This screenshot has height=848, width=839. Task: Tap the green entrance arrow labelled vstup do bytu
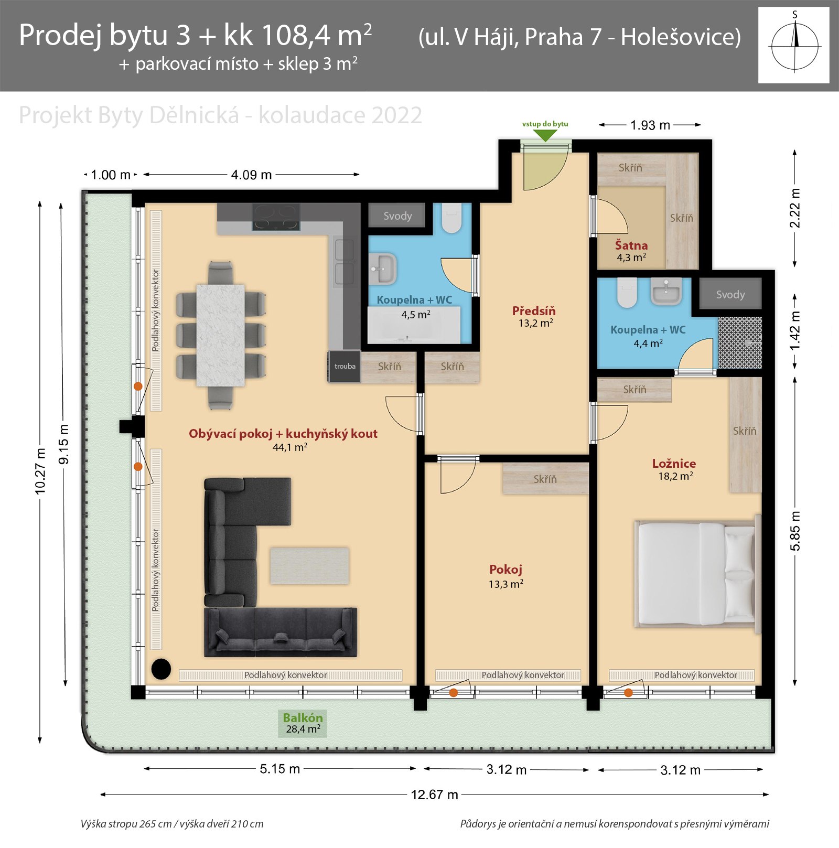point(545,135)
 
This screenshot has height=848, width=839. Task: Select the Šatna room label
point(631,245)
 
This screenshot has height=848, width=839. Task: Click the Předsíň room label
point(534,310)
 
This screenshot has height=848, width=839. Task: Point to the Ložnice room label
point(674,464)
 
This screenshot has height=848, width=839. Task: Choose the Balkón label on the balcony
point(303,717)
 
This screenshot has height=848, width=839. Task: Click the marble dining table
point(220,335)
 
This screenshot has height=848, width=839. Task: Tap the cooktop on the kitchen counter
point(276,217)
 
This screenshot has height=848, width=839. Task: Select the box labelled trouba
point(345,366)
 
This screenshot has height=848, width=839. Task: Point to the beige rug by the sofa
point(309,566)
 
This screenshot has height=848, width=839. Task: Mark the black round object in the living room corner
point(161,669)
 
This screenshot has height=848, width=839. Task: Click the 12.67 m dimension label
point(434,795)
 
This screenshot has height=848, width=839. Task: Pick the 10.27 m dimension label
point(40,471)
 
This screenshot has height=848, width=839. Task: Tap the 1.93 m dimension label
point(650,125)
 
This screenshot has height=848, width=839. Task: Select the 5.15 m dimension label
point(280,769)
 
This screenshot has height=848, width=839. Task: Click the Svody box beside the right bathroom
point(730,294)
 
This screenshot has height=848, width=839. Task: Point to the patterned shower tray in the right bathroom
point(740,342)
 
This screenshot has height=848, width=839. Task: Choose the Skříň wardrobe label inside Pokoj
point(545,479)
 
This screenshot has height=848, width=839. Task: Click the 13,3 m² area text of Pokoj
point(506,584)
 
